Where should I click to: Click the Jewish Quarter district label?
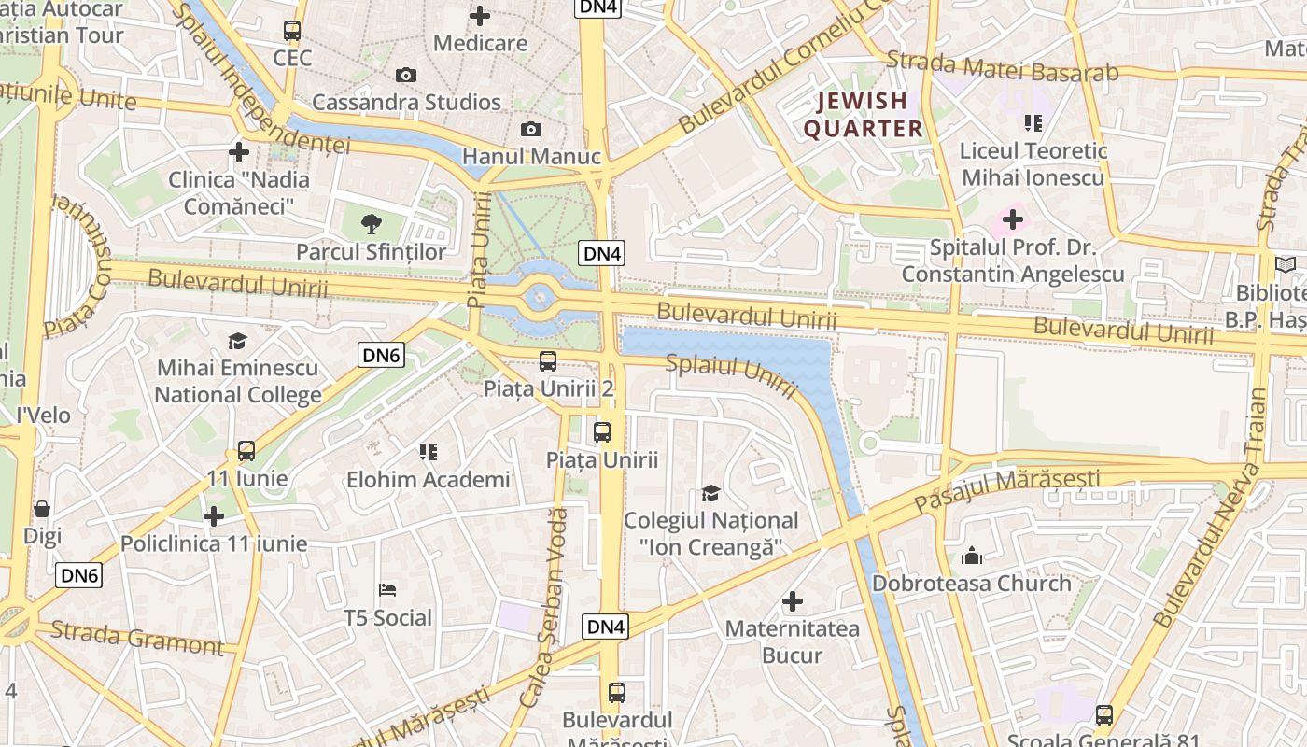coord(863,115)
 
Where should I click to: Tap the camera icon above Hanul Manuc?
coord(531,129)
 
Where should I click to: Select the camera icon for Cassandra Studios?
coord(406,75)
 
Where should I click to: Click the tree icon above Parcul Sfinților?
coord(372,223)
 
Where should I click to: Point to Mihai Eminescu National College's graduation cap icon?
coord(237,341)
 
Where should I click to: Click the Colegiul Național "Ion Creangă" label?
coord(710,533)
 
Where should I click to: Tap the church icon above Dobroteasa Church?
coord(972,556)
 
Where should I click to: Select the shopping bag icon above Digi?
coord(42,509)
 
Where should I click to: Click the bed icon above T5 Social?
coord(387,590)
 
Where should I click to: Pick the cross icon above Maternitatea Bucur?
coord(793,601)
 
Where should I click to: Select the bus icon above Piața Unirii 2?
coord(548,360)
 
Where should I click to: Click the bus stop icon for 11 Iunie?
coord(246,451)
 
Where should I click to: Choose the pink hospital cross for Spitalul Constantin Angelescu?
coord(1013,220)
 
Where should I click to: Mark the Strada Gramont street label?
coord(137,638)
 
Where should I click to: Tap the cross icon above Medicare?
coord(480,16)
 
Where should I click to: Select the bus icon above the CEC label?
coord(292,31)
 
